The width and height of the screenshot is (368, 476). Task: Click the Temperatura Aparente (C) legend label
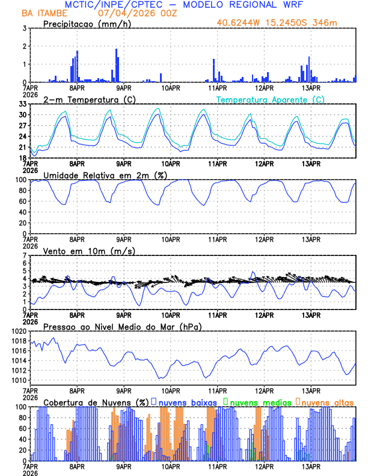[x=270, y=99]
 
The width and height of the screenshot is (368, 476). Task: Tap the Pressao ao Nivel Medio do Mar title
[x=122, y=326]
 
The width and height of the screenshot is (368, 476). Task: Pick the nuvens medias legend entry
[x=260, y=402]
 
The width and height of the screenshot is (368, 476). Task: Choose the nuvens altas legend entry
[x=327, y=402]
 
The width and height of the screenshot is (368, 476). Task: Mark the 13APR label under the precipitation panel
[x=311, y=87]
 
